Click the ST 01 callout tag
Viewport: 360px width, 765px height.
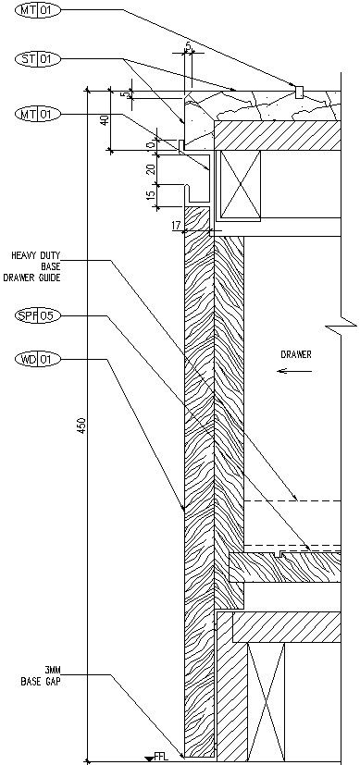click(38, 59)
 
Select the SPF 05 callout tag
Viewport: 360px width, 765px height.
click(38, 315)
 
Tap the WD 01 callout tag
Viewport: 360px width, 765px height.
click(38, 360)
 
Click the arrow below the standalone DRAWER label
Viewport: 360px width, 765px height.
click(294, 371)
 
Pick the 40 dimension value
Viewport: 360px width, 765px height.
click(105, 120)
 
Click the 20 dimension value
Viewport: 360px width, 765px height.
click(151, 169)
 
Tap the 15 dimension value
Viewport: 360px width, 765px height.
click(151, 193)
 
